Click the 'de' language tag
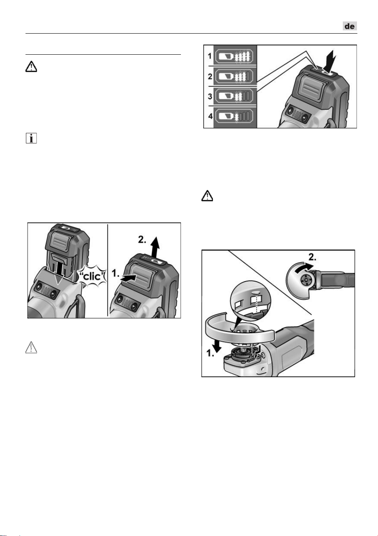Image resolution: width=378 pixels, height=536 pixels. pyautogui.click(x=350, y=26)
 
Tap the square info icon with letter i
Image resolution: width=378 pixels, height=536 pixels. pyautogui.click(x=31, y=138)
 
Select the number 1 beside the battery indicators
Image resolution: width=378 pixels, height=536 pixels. pyautogui.click(x=210, y=56)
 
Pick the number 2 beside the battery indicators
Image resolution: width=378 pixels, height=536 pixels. pyautogui.click(x=210, y=77)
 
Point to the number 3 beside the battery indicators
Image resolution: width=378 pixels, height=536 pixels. pyautogui.click(x=210, y=96)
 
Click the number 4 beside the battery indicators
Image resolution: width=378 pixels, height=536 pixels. pyautogui.click(x=210, y=116)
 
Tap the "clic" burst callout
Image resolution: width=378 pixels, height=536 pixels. pyautogui.click(x=92, y=277)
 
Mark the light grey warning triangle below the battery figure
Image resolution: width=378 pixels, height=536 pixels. pyautogui.click(x=31, y=347)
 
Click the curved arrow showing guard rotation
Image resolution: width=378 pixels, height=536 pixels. pyautogui.click(x=304, y=267)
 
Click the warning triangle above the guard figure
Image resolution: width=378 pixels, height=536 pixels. pyautogui.click(x=207, y=196)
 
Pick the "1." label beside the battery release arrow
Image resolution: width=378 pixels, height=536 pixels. pyautogui.click(x=115, y=273)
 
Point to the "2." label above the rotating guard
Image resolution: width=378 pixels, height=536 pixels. pyautogui.click(x=312, y=257)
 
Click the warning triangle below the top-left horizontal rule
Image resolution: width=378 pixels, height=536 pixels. pyautogui.click(x=31, y=66)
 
